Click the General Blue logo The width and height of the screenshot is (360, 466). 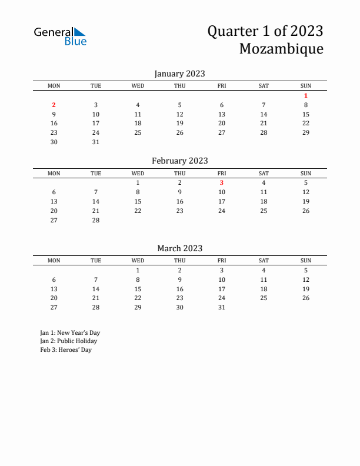[60, 36]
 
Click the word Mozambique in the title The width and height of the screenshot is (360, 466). [281, 49]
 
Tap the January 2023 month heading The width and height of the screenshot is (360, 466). [179, 74]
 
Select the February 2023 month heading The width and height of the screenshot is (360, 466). [179, 161]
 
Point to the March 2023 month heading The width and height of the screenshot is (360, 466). [179, 248]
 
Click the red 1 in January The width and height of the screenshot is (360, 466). [306, 95]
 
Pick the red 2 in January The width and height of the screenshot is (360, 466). [54, 105]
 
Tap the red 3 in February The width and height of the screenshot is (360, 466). [222, 182]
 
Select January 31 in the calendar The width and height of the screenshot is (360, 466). [96, 142]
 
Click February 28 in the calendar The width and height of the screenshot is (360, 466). [96, 220]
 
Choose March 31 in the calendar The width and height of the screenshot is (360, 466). [222, 307]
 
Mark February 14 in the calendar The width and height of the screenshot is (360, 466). [96, 201]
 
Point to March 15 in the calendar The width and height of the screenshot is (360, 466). [138, 289]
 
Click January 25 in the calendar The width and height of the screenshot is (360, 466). [138, 132]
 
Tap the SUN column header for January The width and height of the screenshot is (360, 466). [306, 86]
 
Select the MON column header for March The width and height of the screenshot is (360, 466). [54, 261]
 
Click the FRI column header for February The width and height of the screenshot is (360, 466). [222, 173]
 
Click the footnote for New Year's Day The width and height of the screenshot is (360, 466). [70, 332]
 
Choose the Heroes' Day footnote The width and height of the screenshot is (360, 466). [66, 350]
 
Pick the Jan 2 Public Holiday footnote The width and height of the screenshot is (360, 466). [68, 341]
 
